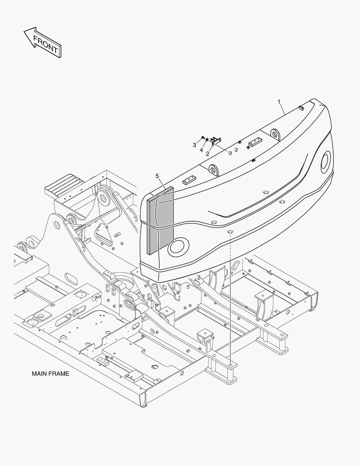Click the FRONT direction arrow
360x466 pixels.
click(43, 42)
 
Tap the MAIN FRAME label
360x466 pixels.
click(50, 374)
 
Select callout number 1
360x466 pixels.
click(279, 102)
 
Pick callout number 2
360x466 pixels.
click(208, 154)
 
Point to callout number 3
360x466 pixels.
click(194, 145)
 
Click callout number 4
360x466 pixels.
click(201, 150)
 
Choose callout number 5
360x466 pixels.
click(157, 176)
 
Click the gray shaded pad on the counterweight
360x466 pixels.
click(160, 220)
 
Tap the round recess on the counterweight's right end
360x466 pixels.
click(326, 161)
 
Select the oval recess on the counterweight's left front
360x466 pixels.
click(178, 247)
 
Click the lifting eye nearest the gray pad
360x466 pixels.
click(213, 170)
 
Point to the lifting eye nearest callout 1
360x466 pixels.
click(275, 134)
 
